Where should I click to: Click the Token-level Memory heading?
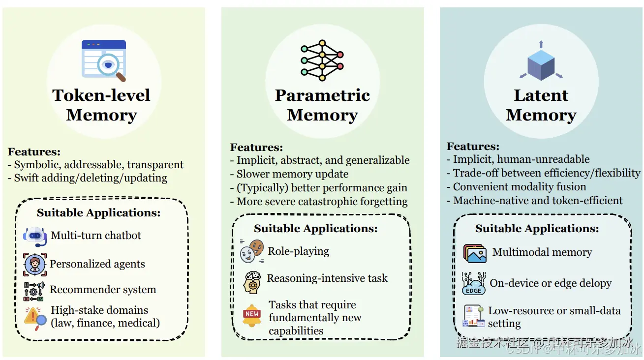tap(101, 105)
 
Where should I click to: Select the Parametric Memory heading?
tap(322, 105)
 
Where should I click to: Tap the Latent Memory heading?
tap(541, 105)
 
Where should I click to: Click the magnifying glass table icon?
tap(104, 60)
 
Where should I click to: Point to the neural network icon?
tap(322, 60)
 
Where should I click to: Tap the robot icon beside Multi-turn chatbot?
tap(35, 236)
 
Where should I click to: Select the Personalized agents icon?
tap(35, 264)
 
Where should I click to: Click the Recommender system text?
tap(103, 290)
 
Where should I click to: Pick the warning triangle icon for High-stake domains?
tap(35, 317)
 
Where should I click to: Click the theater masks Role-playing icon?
tap(252, 251)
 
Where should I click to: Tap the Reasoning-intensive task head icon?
tap(252, 281)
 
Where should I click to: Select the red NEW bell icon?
tap(252, 315)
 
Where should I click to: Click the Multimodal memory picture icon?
tap(475, 253)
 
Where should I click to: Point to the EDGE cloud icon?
tap(474, 284)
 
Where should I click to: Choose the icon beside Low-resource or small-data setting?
tap(474, 316)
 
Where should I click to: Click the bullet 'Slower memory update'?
tap(292, 174)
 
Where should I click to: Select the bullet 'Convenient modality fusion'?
tap(520, 187)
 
